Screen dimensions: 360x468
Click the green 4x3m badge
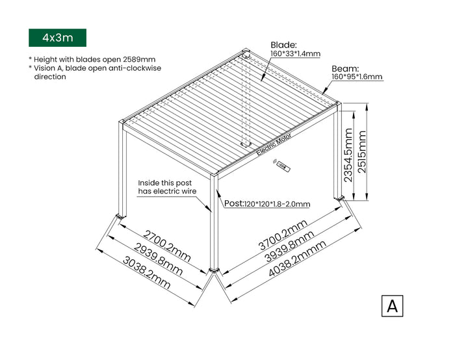[x=57, y=38]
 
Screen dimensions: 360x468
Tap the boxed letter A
[x=392, y=305]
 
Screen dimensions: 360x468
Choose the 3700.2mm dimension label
[x=283, y=235]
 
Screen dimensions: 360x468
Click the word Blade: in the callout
[x=283, y=45]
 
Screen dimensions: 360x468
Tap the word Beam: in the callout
[x=345, y=68]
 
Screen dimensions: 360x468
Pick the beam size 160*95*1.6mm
[x=357, y=77]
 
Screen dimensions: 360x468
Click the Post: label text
[x=234, y=203]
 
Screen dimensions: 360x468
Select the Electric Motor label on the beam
[x=274, y=144]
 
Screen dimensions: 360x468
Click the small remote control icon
[x=281, y=166]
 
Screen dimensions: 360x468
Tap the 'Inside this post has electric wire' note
[x=166, y=187]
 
